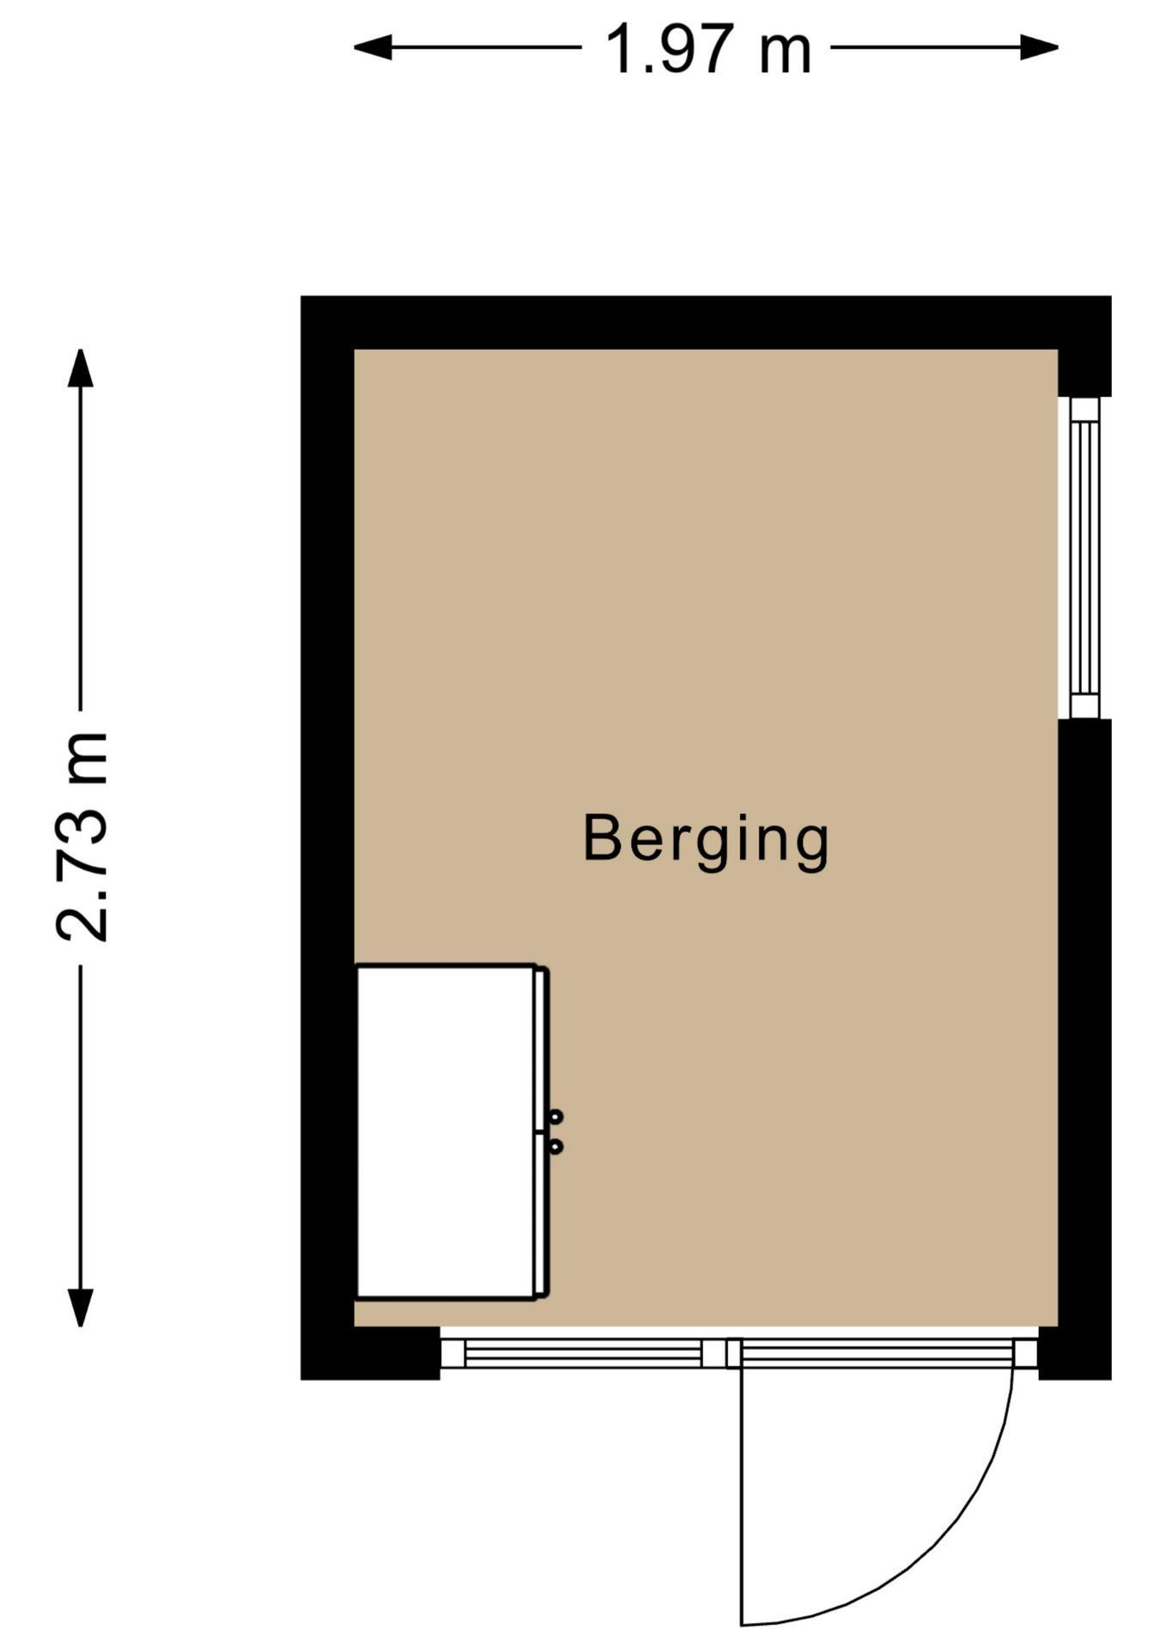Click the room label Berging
(706, 839)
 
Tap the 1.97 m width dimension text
(707, 50)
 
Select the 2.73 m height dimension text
(82, 837)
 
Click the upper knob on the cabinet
(556, 1117)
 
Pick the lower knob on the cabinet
(556, 1146)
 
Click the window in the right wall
(1084, 557)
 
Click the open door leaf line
(741, 1494)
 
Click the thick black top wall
(704, 322)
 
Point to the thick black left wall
(327, 773)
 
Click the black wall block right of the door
(1074, 1354)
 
